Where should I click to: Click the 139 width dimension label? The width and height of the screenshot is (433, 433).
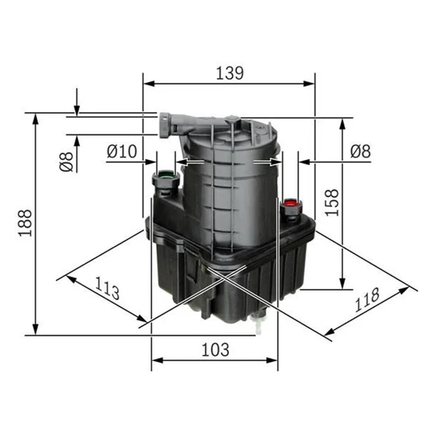[x=230, y=73]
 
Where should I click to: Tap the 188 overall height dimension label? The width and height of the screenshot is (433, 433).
[x=26, y=223]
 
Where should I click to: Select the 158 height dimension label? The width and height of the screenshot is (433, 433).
[x=331, y=203]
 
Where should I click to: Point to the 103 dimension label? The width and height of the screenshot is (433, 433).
[x=215, y=350]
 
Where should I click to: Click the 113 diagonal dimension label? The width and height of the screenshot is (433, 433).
[x=107, y=288]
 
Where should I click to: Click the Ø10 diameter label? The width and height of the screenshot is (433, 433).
[x=121, y=151]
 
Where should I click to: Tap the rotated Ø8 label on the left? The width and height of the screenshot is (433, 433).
[x=67, y=162]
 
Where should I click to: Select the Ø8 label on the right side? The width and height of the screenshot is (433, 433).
[x=361, y=151]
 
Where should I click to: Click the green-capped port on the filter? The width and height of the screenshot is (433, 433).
[x=166, y=182]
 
